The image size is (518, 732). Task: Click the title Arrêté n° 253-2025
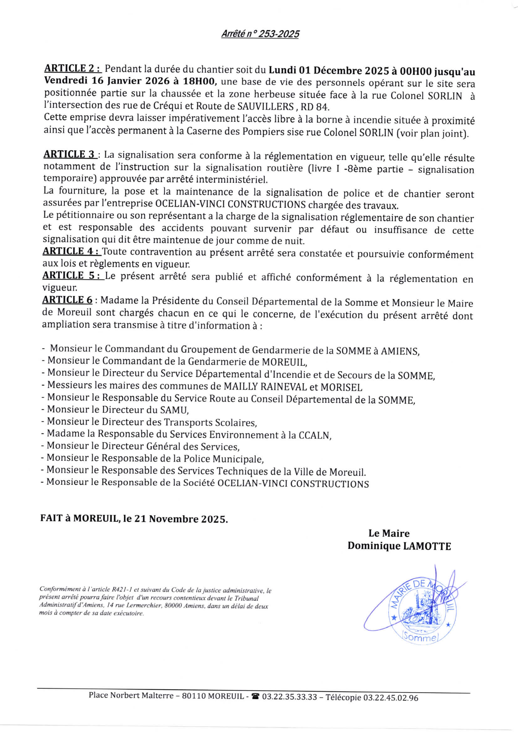[260, 34]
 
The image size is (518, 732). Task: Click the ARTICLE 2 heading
[72, 68]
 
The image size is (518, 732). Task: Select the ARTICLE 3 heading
[70, 154]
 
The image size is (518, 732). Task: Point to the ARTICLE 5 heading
[73, 276]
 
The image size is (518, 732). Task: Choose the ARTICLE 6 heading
[67, 300]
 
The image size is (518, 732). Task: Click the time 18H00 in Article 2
[200, 82]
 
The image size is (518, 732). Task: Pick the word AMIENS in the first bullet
[400, 351]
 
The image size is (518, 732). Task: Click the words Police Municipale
[223, 459]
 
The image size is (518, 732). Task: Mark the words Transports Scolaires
[210, 422]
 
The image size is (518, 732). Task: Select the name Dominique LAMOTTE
[399, 545]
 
